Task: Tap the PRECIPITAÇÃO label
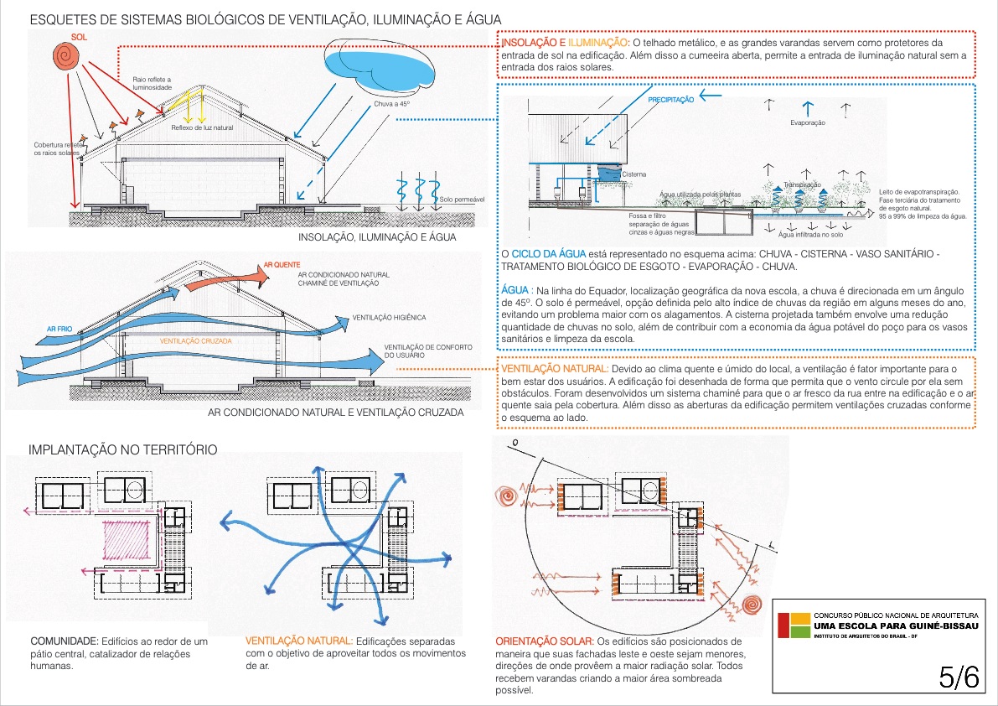coord(670,100)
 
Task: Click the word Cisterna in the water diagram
coord(633,174)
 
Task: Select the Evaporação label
coord(808,123)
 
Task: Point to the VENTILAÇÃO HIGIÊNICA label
coord(390,318)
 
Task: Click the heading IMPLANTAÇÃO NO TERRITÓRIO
coord(123,450)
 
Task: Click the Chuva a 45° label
coord(391,104)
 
